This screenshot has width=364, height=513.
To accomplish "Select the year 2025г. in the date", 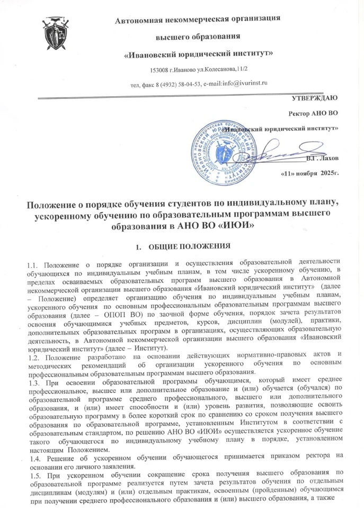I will point(327,173).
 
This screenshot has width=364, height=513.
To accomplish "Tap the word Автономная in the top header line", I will point(139,20).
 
